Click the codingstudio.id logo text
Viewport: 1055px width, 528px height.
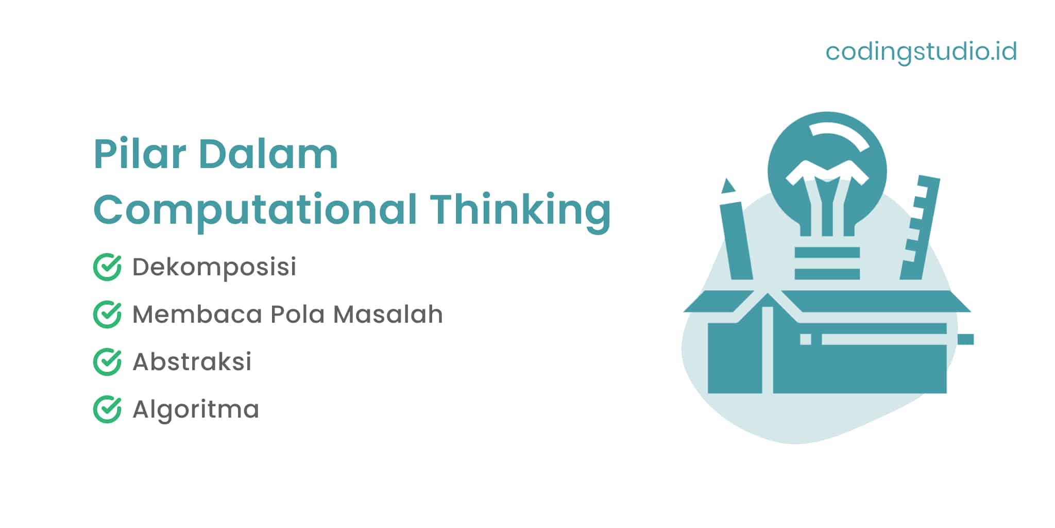[921, 52]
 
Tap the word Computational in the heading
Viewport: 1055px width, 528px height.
[255, 210]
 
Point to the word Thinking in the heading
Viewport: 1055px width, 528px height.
[521, 210]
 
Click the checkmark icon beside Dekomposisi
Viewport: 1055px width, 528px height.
[107, 267]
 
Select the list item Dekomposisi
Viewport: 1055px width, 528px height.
[214, 267]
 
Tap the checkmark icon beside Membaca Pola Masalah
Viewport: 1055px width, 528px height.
[107, 315]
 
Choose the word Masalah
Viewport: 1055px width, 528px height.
[388, 315]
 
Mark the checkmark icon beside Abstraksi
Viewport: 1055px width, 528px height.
[107, 362]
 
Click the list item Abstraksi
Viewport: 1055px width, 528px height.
[192, 362]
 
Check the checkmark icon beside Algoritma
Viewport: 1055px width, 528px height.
[107, 409]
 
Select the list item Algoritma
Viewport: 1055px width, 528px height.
[196, 409]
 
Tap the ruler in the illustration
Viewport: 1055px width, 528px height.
[921, 227]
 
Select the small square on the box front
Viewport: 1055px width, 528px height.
[806, 339]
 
